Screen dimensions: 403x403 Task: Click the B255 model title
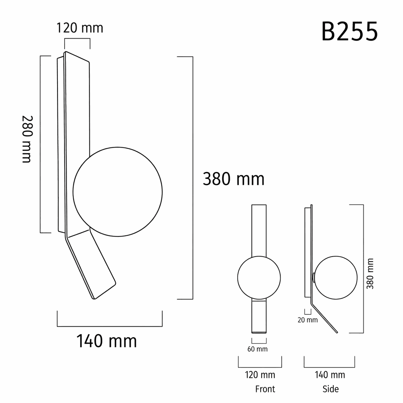coord(349,31)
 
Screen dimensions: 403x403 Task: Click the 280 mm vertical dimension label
coord(27,139)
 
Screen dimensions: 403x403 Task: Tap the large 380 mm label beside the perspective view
coord(234,179)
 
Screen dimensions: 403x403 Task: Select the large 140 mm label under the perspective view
coord(107,341)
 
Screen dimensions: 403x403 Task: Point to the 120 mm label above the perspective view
coord(79,28)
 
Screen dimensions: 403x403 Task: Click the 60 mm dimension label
coord(257,349)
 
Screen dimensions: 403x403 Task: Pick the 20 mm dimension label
coord(308,320)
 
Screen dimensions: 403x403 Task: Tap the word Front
coord(265,389)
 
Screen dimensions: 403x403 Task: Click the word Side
coord(331,389)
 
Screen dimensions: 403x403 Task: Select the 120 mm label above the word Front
coord(260,375)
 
